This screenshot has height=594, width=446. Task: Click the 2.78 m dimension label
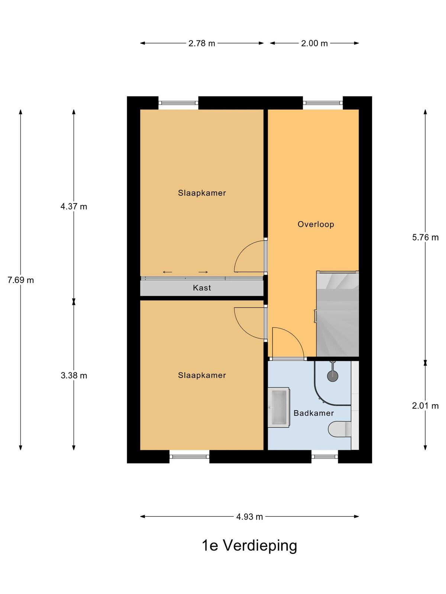[202, 43]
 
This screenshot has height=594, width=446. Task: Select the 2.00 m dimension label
[314, 43]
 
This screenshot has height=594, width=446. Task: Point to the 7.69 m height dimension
[20, 280]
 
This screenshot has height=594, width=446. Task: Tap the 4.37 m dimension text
[74, 206]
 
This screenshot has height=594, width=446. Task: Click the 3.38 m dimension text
[74, 375]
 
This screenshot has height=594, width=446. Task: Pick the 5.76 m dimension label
[425, 237]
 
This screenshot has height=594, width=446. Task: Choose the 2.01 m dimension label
[425, 406]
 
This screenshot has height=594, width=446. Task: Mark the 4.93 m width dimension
[249, 517]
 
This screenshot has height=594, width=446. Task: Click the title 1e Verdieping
[249, 546]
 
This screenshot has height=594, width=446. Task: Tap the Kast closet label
[202, 288]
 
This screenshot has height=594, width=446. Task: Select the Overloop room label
[316, 224]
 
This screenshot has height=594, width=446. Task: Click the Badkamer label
[314, 413]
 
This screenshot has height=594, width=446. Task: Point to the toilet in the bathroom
[340, 429]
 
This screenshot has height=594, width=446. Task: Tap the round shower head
[333, 376]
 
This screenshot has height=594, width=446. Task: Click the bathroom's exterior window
[324, 457]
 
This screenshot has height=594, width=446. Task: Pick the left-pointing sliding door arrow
[167, 272]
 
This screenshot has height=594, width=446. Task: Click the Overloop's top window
[323, 103]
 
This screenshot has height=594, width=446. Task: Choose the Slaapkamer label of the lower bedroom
[202, 375]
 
